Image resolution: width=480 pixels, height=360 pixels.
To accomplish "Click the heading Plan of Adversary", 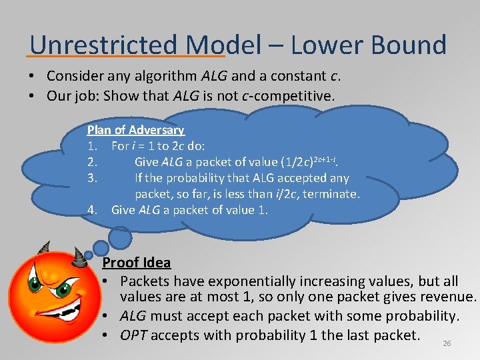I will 135,130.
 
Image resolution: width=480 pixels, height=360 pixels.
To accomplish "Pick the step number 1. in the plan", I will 93,146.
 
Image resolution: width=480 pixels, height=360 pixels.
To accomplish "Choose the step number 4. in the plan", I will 93,210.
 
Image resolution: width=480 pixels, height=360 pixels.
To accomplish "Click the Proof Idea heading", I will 137,263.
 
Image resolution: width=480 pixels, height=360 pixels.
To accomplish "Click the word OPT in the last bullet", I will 134,335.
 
